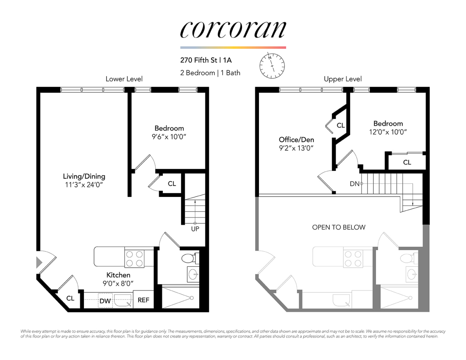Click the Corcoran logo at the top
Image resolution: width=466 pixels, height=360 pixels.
[x=233, y=30]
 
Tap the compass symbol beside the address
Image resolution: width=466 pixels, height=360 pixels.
[x=272, y=66]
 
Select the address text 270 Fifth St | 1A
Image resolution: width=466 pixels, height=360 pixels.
[x=206, y=60]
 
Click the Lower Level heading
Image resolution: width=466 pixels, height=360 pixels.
[x=124, y=79]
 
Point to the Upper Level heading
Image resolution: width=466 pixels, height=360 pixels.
[x=342, y=79]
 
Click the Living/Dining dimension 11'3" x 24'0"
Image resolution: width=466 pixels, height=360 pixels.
[x=84, y=185]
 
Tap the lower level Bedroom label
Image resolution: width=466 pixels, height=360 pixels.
[x=169, y=128]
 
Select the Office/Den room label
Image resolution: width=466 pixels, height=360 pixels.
[x=296, y=139]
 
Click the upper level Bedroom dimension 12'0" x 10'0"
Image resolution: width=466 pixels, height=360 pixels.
[x=388, y=132]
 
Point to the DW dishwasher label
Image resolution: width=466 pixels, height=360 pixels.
[x=105, y=301]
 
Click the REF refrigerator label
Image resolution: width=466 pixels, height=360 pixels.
[x=143, y=300]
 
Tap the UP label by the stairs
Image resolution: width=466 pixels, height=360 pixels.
[x=195, y=229]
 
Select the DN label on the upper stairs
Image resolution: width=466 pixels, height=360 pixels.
[x=354, y=184]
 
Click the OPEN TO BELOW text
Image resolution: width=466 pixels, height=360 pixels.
[x=339, y=227]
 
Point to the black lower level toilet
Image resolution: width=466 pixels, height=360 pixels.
[x=188, y=258]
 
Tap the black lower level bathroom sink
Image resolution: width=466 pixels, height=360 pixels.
[x=193, y=275]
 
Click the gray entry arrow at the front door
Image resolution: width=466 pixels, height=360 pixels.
[x=39, y=262]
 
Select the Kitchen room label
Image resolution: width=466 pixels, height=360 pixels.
[x=118, y=275]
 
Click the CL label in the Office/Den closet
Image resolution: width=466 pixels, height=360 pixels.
[x=340, y=125]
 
